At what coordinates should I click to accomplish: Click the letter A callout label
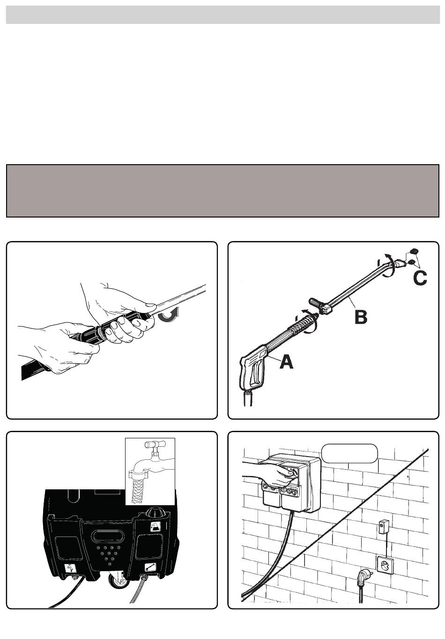tap(287, 362)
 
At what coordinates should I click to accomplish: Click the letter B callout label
tap(361, 317)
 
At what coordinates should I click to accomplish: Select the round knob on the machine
tap(156, 512)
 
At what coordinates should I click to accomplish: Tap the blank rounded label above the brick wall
tap(349, 453)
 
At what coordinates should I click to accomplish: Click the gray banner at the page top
tap(222, 15)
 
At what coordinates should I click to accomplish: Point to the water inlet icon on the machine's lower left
tap(70, 569)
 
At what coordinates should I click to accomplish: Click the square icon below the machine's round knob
tap(156, 526)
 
